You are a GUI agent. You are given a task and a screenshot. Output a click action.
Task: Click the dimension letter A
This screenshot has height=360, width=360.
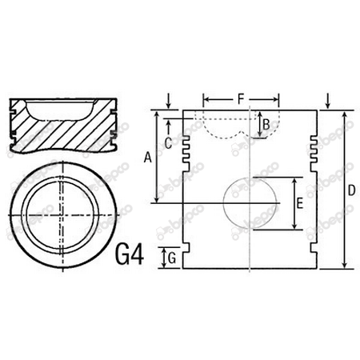click(147, 158)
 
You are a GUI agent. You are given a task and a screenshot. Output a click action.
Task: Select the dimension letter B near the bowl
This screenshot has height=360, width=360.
click(266, 123)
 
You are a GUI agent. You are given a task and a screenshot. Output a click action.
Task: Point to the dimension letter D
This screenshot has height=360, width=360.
click(352, 192)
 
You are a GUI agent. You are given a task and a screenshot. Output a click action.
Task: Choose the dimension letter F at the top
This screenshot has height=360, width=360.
click(241, 99)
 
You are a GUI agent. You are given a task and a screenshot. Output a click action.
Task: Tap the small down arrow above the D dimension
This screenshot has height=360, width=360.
click(329, 101)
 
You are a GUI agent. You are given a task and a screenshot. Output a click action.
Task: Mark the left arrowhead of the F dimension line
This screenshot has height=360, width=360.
click(206, 100)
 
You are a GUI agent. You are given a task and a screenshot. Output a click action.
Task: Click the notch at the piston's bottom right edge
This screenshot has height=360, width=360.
click(318, 258)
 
